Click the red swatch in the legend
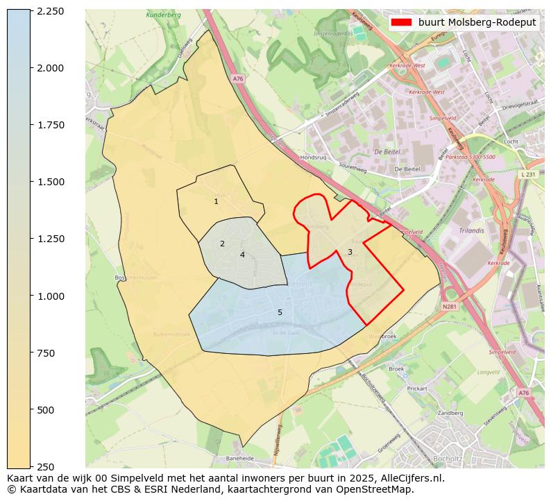[x=401, y=22]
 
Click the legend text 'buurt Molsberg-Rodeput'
[x=477, y=22]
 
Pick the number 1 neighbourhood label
[x=216, y=202]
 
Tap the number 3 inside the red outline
[x=350, y=252]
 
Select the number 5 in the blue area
[x=280, y=312]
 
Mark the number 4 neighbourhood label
[x=242, y=255]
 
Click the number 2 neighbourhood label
[x=222, y=244]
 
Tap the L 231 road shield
[x=529, y=175]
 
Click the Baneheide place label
[x=240, y=459]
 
